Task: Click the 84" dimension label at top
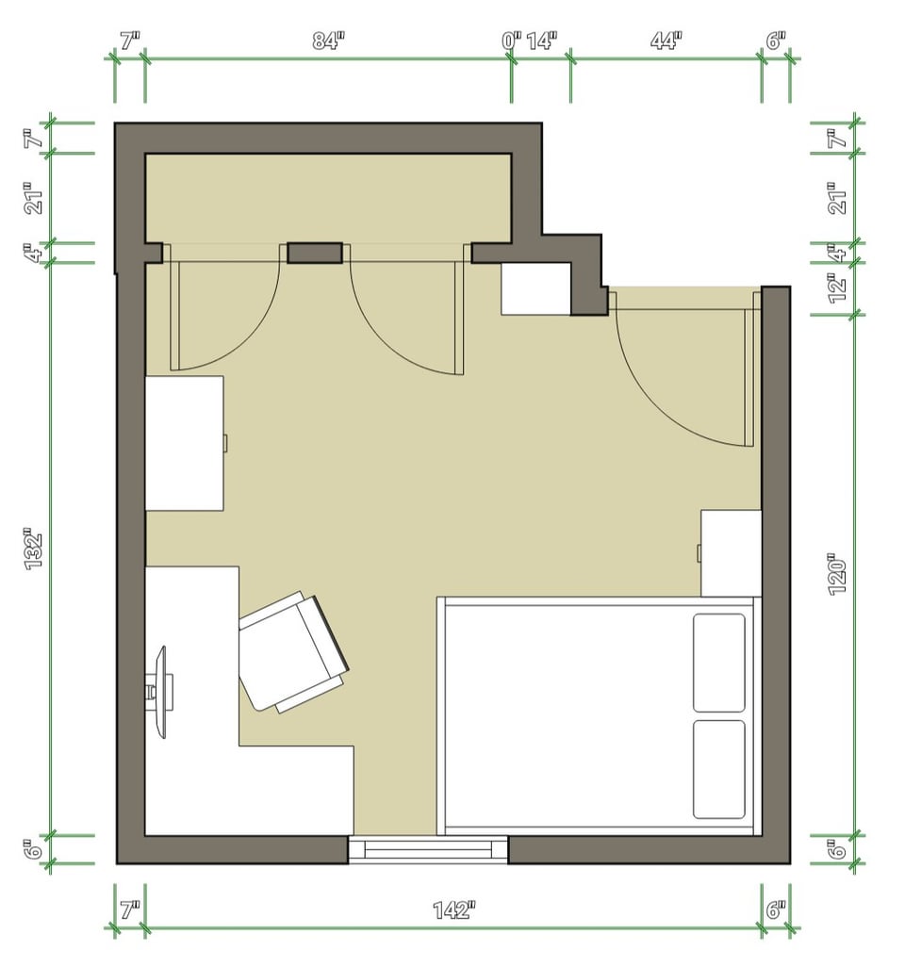pos(327,41)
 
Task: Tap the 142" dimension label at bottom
pos(454,910)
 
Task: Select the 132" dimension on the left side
pos(33,549)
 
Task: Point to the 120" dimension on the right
pos(837,574)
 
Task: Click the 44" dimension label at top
pos(666,41)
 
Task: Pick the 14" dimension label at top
pos(542,41)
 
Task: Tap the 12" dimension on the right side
pos(837,288)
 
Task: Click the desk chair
pos(293,652)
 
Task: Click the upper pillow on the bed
pos(718,663)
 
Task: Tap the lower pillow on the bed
pos(718,769)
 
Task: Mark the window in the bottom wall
pos(428,849)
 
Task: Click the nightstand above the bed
pos(730,553)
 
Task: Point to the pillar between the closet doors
pos(315,253)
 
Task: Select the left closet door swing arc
pos(248,345)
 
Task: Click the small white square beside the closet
pos(535,288)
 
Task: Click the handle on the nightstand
pos(699,553)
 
